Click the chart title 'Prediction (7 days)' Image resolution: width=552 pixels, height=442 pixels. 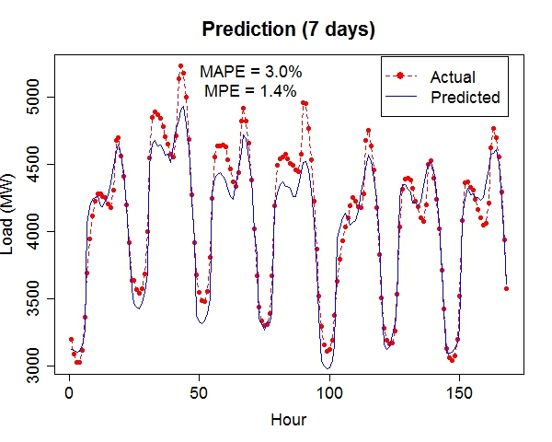click(x=288, y=30)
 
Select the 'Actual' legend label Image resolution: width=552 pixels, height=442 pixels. click(x=453, y=77)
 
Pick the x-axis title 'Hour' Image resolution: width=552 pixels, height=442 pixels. click(x=288, y=420)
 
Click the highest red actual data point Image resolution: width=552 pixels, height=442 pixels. click(x=180, y=66)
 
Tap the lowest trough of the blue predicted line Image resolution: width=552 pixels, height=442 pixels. click(x=328, y=368)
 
